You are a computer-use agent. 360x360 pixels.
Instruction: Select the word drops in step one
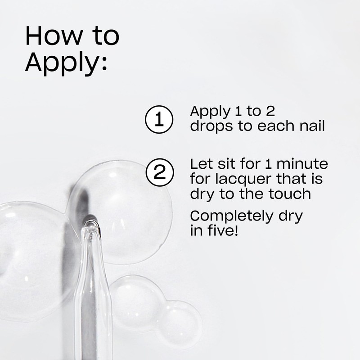(210, 126)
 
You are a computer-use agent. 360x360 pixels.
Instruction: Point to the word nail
(310, 126)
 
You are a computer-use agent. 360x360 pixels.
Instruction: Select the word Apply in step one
(209, 112)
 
